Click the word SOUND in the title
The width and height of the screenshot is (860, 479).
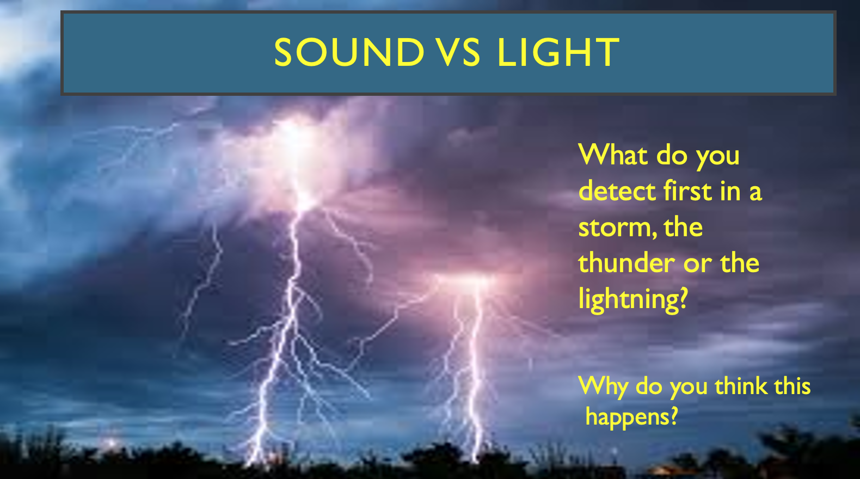click(x=349, y=52)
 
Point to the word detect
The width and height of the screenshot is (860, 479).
click(x=617, y=191)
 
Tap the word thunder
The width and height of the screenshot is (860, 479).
click(x=626, y=263)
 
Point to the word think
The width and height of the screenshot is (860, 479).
click(x=741, y=386)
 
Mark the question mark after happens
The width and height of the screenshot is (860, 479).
click(x=673, y=416)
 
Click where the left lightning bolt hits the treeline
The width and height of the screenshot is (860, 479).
click(x=254, y=459)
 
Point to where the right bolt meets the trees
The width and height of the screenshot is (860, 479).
click(x=476, y=457)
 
